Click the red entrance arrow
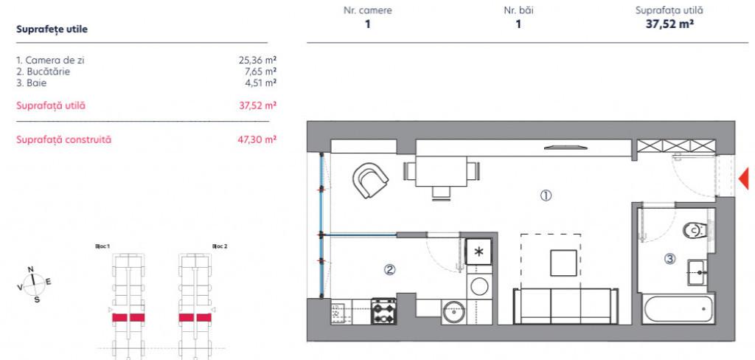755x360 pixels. [x=744, y=179]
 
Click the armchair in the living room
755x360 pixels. [x=370, y=179]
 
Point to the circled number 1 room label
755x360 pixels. [x=546, y=195]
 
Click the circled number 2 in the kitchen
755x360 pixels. [x=389, y=270]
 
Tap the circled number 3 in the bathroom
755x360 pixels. [x=669, y=259]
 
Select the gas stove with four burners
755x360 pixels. [x=383, y=311]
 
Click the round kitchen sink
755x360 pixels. [x=453, y=312]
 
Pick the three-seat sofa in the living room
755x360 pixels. [x=566, y=305]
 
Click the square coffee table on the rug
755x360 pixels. [x=564, y=263]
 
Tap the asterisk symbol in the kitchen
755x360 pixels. [x=479, y=252]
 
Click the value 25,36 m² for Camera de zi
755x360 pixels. [x=257, y=60]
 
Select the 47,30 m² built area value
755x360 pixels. [x=257, y=139]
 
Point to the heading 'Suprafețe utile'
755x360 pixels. [x=52, y=29]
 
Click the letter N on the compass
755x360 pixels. [x=31, y=269]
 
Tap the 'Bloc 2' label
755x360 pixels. [x=220, y=246]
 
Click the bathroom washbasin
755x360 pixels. [x=697, y=273]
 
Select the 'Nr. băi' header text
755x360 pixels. [x=518, y=10]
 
